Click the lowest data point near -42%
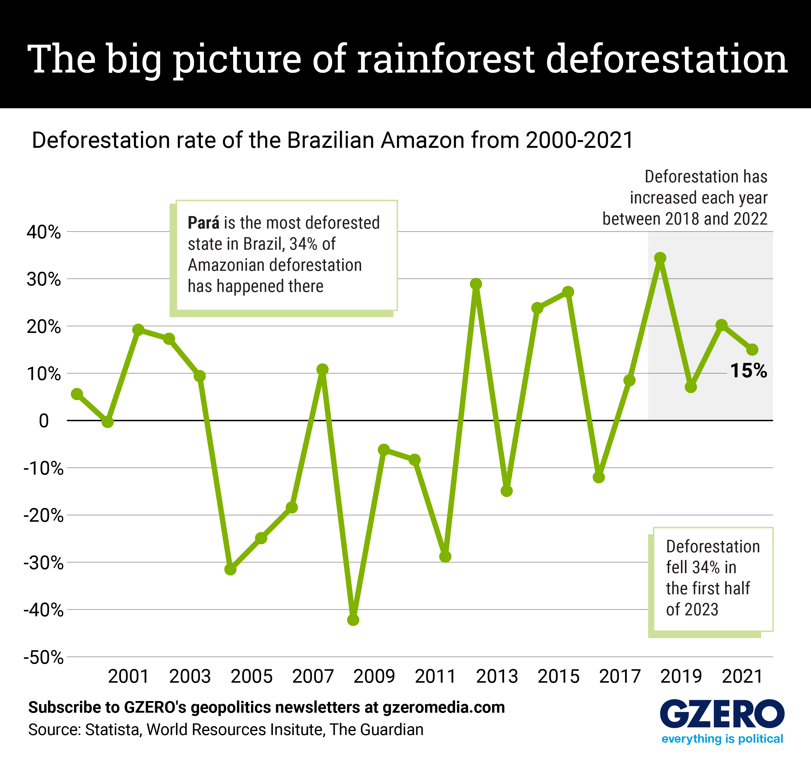[x=353, y=620]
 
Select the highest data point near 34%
[x=660, y=258]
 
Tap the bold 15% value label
[x=748, y=371]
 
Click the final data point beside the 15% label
[x=752, y=350]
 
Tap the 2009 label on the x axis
[x=374, y=677]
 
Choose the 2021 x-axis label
[x=742, y=677]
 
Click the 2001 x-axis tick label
[x=129, y=677]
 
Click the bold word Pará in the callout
[x=203, y=223]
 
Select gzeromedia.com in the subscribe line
[x=443, y=707]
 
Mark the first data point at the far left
[x=77, y=394]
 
